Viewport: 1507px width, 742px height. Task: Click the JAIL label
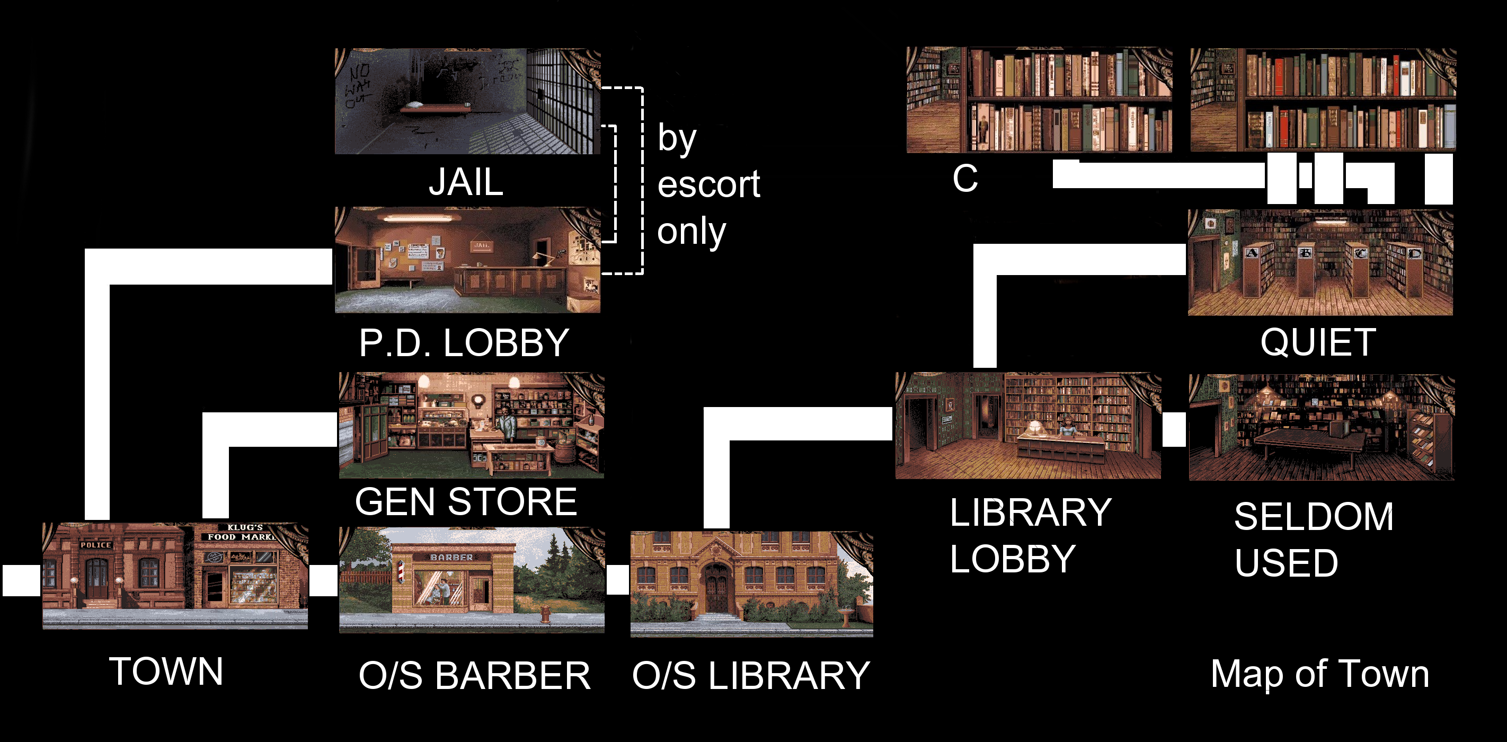466,182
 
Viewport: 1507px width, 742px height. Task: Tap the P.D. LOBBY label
464,343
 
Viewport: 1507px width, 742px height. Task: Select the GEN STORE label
466,502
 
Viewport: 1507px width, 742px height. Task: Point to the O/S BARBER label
474,676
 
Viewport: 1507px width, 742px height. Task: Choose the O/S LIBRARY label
751,676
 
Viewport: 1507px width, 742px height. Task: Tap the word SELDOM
1314,517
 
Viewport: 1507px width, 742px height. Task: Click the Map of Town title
1320,674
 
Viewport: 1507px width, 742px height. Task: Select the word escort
708,184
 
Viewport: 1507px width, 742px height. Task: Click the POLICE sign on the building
96,545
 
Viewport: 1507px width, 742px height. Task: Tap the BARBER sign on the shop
451,558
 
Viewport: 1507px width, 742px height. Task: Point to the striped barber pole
401,572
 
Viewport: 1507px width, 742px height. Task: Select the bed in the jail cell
434,107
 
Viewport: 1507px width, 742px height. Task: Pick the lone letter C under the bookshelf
965,178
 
